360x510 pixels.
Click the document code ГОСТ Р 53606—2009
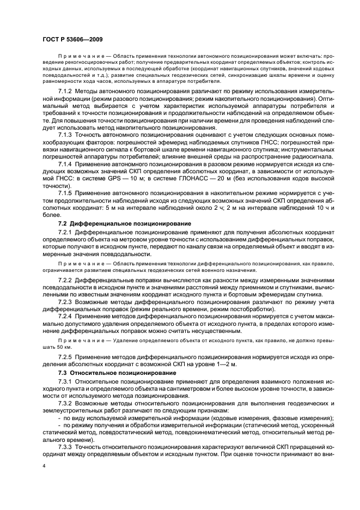[72, 39]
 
